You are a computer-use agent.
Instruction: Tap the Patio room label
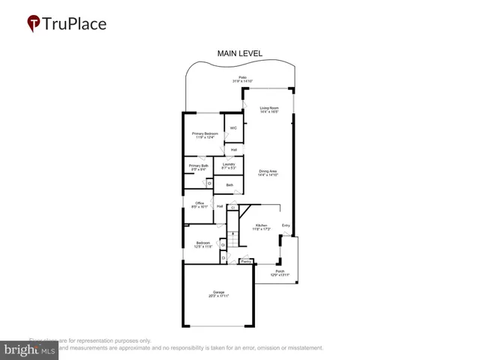point(242,77)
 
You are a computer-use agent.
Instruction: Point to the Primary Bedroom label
point(205,133)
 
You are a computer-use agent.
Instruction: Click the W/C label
point(233,128)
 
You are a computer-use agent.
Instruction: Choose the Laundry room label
point(229,163)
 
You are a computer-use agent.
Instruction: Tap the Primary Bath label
point(199,166)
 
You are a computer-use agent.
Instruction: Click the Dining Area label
point(268,172)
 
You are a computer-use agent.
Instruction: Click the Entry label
point(286,225)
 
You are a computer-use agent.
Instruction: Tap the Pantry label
point(244,261)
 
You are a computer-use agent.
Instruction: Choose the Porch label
point(280,271)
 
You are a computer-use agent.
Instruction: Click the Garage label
point(218,293)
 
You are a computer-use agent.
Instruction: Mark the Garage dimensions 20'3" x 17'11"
point(218,297)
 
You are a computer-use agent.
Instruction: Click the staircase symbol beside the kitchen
point(233,241)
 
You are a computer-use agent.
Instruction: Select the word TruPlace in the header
point(75,23)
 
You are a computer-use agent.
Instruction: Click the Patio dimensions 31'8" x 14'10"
point(242,81)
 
